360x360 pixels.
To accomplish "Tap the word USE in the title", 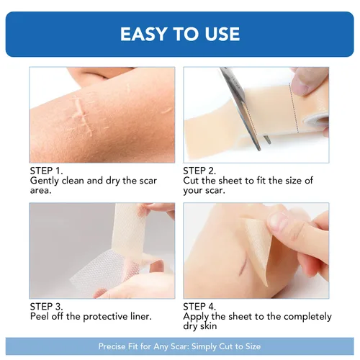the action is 222,34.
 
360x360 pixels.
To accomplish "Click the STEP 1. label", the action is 46,171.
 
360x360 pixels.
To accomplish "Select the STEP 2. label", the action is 199,171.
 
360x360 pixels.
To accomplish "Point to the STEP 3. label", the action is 46,307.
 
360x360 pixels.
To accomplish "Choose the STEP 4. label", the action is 199,307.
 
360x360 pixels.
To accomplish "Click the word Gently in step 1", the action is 45,181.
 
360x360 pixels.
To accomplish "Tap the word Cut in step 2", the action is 191,181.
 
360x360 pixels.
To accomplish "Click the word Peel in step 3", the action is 39,316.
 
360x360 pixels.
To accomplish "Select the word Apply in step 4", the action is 196,317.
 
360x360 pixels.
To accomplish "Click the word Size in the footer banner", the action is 253,346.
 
